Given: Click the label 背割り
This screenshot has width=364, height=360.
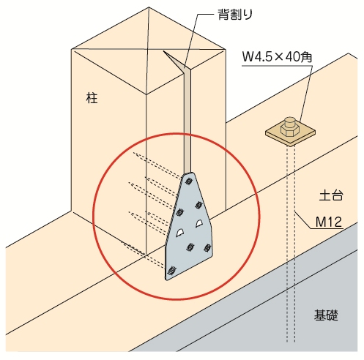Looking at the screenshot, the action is pyautogui.click(x=235, y=15).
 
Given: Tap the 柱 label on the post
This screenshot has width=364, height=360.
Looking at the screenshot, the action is pyautogui.click(x=92, y=98).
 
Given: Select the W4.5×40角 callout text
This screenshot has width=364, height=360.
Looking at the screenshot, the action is pyautogui.click(x=277, y=57).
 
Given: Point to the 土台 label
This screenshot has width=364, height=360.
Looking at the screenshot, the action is pyautogui.click(x=331, y=195).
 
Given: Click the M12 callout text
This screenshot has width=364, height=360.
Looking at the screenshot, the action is pyautogui.click(x=329, y=222).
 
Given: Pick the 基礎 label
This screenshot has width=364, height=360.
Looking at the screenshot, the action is pyautogui.click(x=326, y=315).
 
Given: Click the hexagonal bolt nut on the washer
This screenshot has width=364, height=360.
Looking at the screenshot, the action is pyautogui.click(x=290, y=129).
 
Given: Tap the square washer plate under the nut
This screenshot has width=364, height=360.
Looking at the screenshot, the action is pyautogui.click(x=290, y=134).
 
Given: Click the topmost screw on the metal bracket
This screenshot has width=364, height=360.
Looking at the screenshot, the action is pyautogui.click(x=188, y=181).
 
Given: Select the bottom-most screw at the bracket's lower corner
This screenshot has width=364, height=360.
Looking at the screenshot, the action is pyautogui.click(x=171, y=271).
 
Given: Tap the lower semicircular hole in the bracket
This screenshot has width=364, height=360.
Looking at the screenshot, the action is pyautogui.click(x=180, y=233).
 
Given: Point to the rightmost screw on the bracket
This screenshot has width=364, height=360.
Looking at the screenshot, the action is pyautogui.click(x=207, y=248).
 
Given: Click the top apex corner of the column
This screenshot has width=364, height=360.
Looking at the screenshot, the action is pyautogui.click(x=149, y=7).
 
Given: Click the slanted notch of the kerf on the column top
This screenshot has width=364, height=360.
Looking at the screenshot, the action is pyautogui.click(x=174, y=61).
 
